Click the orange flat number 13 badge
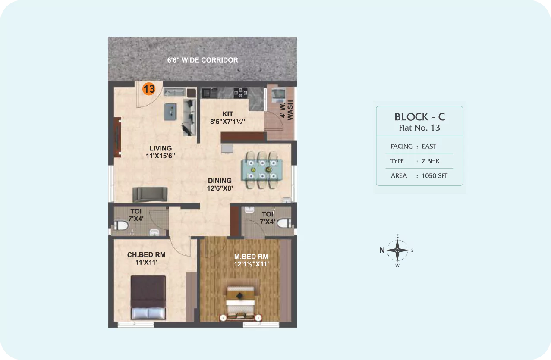pyautogui.click(x=149, y=89)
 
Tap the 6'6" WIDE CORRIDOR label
pyautogui.click(x=202, y=60)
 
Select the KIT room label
pyautogui.click(x=227, y=114)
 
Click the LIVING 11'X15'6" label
pyautogui.click(x=161, y=152)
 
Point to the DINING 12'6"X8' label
pyautogui.click(x=220, y=184)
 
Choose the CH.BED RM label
pyautogui.click(x=146, y=255)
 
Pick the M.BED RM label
pyautogui.click(x=251, y=257)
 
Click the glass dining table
pyautogui.click(x=262, y=170)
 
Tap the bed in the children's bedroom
pyautogui.click(x=148, y=297)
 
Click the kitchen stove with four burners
pyautogui.click(x=240, y=93)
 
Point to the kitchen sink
pyautogui.click(x=210, y=93)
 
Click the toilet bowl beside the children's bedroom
pyautogui.click(x=121, y=225)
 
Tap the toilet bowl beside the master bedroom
pyautogui.click(x=284, y=223)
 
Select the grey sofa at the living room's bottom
pyautogui.click(x=150, y=194)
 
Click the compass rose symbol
pyautogui.click(x=397, y=250)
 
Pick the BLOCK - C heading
pyautogui.click(x=420, y=117)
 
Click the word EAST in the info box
pyautogui.click(x=429, y=147)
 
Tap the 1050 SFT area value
pyautogui.click(x=435, y=176)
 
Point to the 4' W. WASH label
pyautogui.click(x=287, y=110)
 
